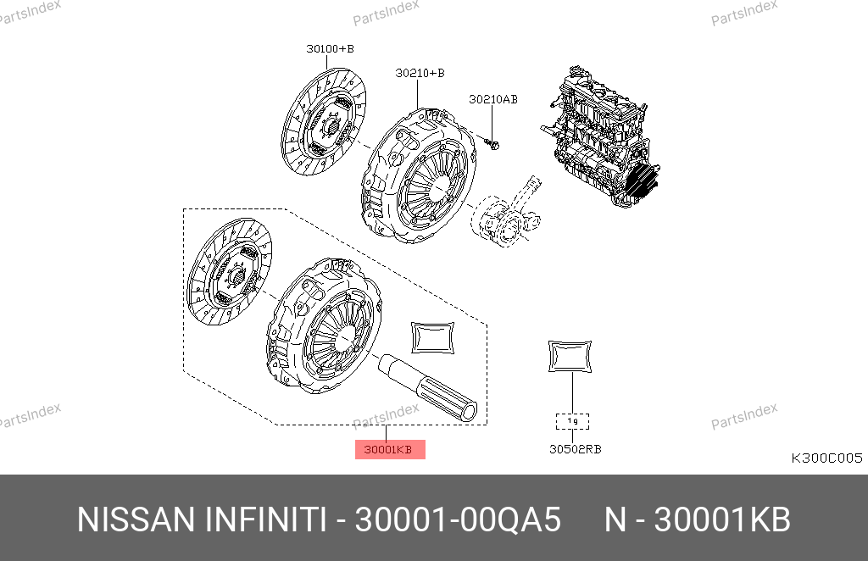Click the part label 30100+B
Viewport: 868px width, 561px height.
coord(330,48)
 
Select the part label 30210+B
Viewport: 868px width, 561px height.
coord(420,73)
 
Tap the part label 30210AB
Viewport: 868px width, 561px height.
coord(493,100)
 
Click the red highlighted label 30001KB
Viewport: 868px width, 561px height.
coord(390,449)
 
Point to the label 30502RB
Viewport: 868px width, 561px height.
coord(576,449)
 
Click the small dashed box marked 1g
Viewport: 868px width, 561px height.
coord(572,421)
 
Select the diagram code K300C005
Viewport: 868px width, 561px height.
coord(826,458)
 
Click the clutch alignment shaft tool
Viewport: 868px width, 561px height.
coord(427,388)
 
